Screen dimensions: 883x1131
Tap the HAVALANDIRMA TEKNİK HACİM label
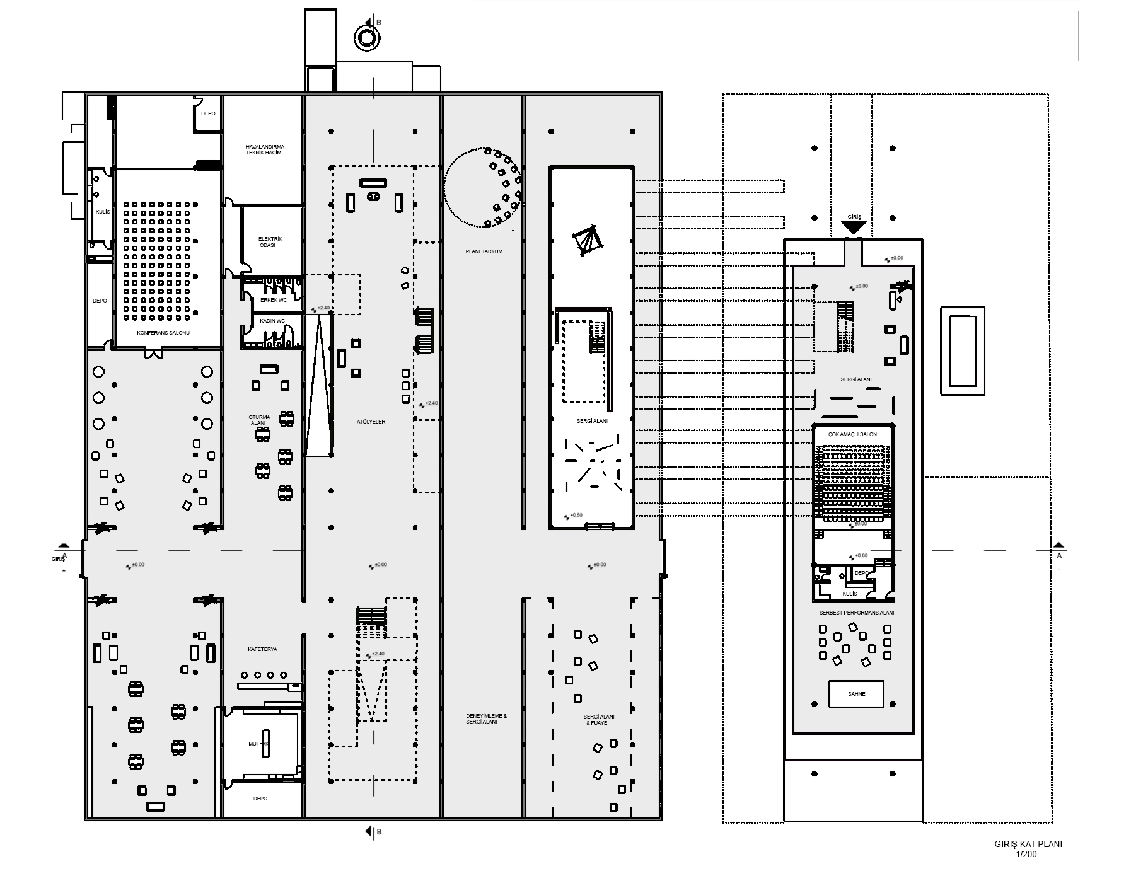tap(264, 150)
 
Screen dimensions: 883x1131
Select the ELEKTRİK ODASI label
tap(270, 242)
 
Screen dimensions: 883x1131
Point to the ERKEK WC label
tap(273, 301)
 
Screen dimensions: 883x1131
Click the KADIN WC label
tap(272, 321)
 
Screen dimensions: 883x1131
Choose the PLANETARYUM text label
tap(484, 251)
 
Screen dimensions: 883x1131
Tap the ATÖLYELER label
tap(371, 422)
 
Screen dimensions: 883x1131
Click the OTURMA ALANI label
tap(260, 420)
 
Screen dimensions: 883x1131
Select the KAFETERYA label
tap(262, 649)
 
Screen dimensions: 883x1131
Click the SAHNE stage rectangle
tap(856, 694)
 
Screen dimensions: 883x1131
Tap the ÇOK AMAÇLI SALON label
tap(852, 434)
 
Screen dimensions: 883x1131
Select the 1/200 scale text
tap(1026, 854)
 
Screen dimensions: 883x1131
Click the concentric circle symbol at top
tap(367, 39)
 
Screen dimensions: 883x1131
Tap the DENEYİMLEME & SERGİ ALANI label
tap(486, 719)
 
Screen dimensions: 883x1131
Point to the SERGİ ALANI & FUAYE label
tap(599, 720)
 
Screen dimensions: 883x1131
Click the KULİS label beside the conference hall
tap(102, 212)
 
